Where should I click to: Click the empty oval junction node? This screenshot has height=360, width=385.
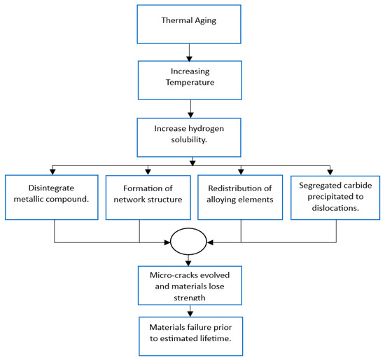click(189, 242)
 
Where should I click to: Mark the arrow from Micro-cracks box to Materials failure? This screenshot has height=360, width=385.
click(189, 310)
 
